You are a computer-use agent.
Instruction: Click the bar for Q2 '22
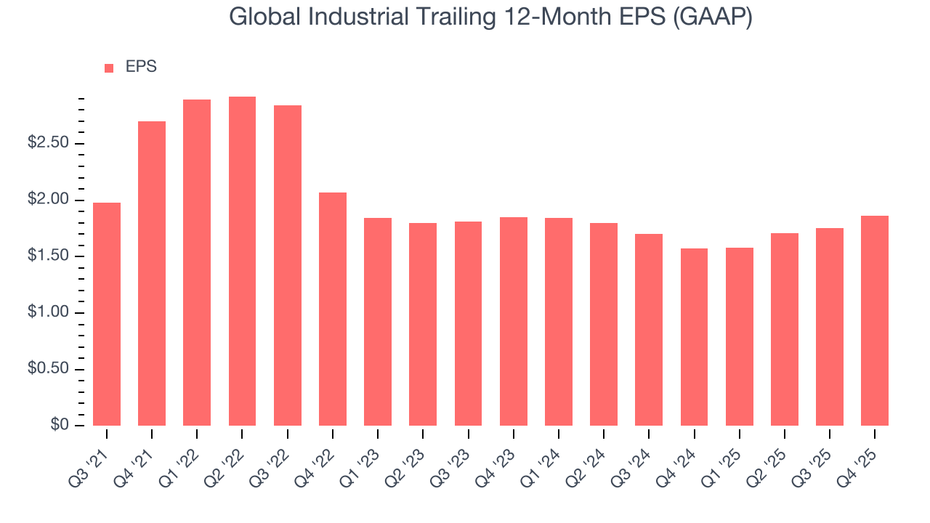click(242, 261)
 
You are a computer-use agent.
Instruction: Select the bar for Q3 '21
click(107, 314)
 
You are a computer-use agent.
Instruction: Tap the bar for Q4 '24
click(694, 337)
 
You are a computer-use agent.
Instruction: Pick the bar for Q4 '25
click(875, 320)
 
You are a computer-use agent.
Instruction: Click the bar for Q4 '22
click(333, 309)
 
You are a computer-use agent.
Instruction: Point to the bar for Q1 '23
click(378, 322)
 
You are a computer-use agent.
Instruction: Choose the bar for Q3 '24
click(649, 330)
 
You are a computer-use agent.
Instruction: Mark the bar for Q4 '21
click(152, 273)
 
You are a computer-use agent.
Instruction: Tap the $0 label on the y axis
click(60, 426)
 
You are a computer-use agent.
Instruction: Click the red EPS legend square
click(109, 68)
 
